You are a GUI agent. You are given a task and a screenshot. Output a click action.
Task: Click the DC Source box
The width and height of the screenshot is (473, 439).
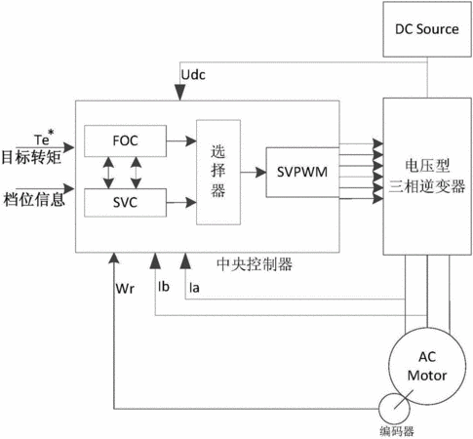pos(427,29)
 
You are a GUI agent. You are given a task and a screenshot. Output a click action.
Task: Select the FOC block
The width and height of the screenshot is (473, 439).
pos(125,140)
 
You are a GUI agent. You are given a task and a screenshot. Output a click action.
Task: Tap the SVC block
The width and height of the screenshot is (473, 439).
pos(125,203)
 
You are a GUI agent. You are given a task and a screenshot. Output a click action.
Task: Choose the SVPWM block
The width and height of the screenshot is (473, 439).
pos(302,172)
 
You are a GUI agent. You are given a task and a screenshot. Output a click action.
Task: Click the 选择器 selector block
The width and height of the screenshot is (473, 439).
pos(218,172)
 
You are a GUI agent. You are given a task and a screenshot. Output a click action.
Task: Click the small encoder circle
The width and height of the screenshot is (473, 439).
pos(379,409)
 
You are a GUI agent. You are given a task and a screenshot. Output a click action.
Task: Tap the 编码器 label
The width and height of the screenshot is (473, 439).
pos(397,431)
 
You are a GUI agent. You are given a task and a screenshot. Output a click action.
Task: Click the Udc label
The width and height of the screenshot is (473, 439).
pos(193,75)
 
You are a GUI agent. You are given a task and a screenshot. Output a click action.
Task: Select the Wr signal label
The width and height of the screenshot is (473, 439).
pos(125,289)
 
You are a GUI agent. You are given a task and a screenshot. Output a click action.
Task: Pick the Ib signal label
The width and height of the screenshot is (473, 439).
pos(164,287)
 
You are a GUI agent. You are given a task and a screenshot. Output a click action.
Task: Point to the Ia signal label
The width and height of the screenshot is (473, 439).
pos(194,288)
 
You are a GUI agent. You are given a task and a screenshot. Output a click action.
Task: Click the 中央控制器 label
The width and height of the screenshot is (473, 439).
pos(255,264)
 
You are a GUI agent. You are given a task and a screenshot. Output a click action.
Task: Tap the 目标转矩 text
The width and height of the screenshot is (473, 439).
pos(31,157)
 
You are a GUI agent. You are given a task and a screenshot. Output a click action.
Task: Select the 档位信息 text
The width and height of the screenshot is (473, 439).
pos(34,199)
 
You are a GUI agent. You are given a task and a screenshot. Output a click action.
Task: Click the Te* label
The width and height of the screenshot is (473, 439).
pos(44,138)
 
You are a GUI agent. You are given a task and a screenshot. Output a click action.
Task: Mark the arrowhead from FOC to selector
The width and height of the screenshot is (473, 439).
pos(191,141)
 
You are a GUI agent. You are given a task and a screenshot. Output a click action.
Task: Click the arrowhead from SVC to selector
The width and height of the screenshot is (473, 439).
pos(191,202)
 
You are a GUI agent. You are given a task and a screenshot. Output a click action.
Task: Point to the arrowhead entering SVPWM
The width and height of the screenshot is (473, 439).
pos(260,172)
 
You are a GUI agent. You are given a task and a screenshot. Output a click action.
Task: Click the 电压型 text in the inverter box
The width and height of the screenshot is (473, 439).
pos(427,166)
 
